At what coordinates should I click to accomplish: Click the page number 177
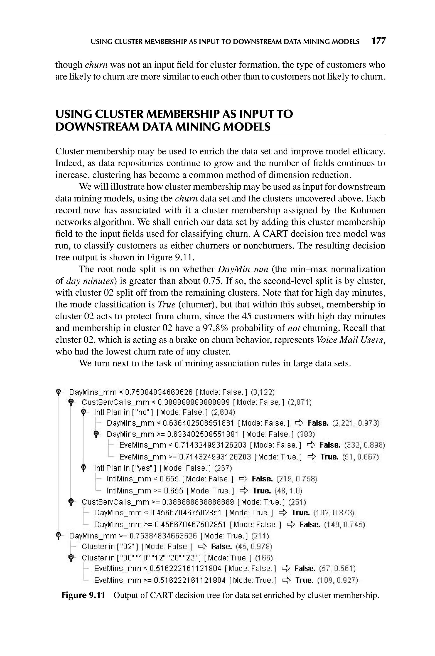pyautogui.click(x=379, y=41)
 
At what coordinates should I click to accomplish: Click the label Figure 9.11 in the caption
pyautogui.click(x=83, y=595)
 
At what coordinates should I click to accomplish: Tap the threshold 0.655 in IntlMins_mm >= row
pyautogui.click(x=174, y=491)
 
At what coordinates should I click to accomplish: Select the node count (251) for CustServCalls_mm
pyautogui.click(x=297, y=502)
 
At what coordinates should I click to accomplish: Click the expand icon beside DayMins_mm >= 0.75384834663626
pyautogui.click(x=58, y=535)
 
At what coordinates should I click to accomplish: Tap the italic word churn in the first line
pyautogui.click(x=96, y=65)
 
